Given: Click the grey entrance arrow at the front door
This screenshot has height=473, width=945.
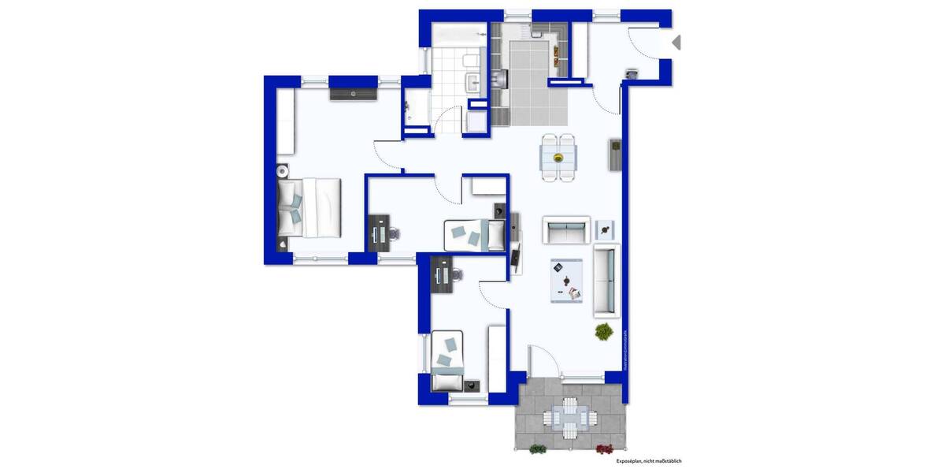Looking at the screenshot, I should pos(676,43).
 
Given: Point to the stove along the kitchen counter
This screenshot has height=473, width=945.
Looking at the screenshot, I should pos(501,77).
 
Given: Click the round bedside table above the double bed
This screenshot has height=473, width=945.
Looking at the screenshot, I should pos(282,171).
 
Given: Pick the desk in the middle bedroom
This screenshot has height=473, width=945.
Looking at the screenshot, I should pos(376,233).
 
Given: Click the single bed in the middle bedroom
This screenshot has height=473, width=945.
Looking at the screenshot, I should pos(474,235).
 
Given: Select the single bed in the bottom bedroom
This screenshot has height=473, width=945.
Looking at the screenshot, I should pos(447,361).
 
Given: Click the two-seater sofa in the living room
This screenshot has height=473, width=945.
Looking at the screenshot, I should pos(566,229).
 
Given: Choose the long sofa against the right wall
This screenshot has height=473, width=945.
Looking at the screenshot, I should pos(606,279).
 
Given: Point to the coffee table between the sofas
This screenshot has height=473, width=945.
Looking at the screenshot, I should pos(566,280).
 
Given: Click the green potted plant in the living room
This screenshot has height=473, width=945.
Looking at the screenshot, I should pos(604,332).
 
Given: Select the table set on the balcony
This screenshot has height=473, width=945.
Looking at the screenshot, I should pos(569,416).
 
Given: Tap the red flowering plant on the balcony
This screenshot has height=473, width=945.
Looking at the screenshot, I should pos(604,449).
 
